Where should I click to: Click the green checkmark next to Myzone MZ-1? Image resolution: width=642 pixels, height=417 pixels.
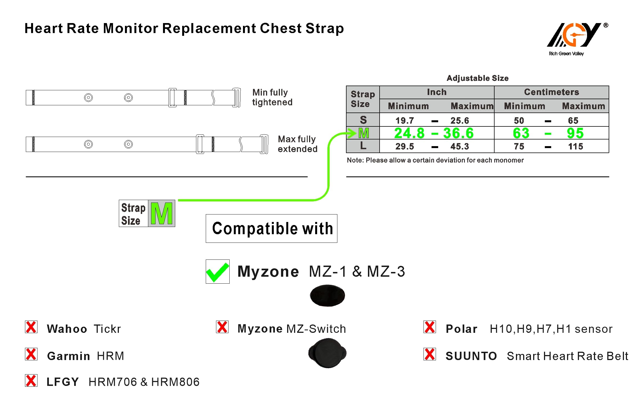coord(217,272)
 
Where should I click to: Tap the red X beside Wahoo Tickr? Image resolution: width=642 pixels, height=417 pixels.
coord(31,327)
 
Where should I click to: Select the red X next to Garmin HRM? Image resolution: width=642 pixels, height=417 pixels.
coord(31,354)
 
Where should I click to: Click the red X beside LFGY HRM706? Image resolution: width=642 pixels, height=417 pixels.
coord(31,381)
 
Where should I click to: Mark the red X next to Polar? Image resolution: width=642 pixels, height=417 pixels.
coord(430,327)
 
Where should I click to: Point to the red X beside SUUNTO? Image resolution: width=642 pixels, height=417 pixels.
coord(430,354)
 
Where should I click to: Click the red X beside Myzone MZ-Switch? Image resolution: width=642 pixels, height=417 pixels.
coord(222,327)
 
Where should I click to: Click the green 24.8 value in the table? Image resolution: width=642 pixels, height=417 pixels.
coord(409,133)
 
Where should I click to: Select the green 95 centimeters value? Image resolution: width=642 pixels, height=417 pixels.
coord(575,133)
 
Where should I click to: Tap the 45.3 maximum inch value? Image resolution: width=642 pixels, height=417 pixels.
coord(460,146)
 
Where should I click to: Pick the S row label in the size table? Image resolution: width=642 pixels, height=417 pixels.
coord(363,120)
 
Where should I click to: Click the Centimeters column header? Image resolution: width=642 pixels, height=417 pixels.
coord(551,92)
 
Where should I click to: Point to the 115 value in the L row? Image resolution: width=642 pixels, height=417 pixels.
coord(575,146)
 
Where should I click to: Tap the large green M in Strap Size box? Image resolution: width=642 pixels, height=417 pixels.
coord(162,213)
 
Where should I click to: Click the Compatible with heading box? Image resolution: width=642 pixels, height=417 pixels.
coord(272,228)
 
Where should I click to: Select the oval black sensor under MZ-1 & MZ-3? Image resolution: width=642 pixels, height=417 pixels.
coord(327,295)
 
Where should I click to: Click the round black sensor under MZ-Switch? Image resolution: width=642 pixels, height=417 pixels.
coord(327,353)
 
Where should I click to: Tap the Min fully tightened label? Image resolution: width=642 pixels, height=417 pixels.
coord(272,97)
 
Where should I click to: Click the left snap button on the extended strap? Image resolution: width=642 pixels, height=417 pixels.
coord(88,144)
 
